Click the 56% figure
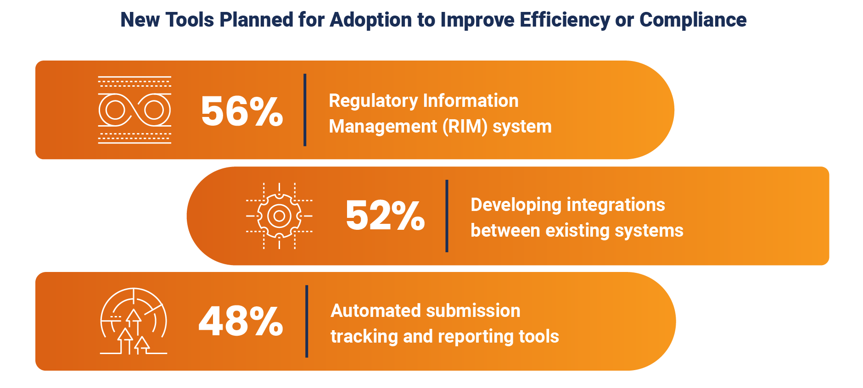242,111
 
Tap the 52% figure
385,215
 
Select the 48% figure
241,321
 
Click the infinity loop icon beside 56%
134,110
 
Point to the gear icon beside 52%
279,216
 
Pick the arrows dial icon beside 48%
134,321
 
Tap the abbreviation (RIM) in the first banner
465,127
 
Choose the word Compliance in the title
693,20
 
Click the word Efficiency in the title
565,20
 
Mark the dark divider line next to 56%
305,110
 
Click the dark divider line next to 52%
447,216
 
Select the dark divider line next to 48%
307,321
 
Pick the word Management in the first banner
383,127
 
